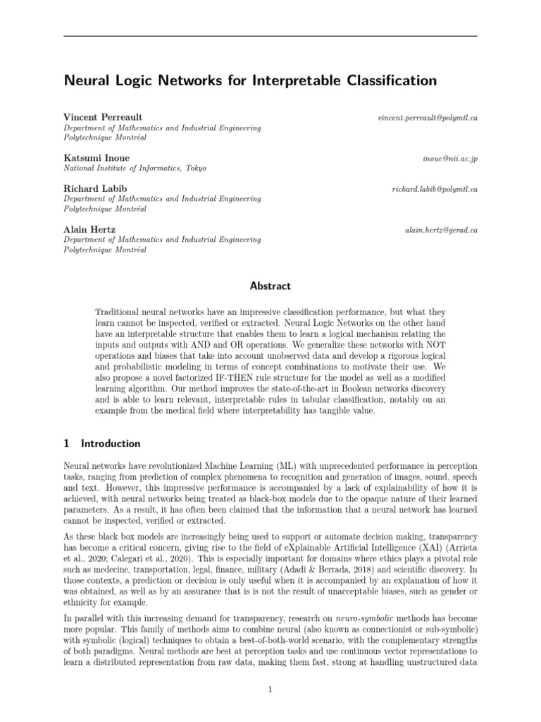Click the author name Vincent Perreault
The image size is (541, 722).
pos(102,118)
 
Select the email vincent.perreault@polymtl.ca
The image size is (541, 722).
pos(428,118)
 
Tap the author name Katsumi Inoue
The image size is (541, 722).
pos(97,159)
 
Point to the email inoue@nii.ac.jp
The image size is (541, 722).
pos(450,159)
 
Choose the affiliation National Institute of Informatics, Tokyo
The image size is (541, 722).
pos(135,169)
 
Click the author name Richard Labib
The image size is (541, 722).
pos(95,189)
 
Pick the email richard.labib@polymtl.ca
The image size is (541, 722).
pos(435,189)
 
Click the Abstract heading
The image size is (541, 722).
pos(270,286)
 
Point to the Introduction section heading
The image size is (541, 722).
pos(111,444)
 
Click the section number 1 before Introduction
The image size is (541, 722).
pos(67,444)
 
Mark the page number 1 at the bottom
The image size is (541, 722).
pos(270,690)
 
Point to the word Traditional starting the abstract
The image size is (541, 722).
pos(119,312)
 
